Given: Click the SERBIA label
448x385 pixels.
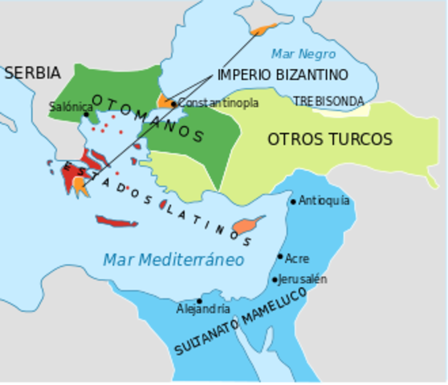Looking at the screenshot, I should pyautogui.click(x=32, y=73).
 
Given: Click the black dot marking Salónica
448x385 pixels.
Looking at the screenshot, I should pyautogui.click(x=86, y=115).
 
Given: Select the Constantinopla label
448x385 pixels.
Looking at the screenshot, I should pyautogui.click(x=218, y=103).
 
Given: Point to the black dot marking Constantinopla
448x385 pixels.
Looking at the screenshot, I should pyautogui.click(x=173, y=103).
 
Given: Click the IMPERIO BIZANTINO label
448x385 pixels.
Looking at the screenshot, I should pyautogui.click(x=282, y=75).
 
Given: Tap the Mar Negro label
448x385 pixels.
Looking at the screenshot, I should pyautogui.click(x=303, y=54).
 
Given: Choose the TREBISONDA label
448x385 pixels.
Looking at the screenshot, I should pyautogui.click(x=328, y=101).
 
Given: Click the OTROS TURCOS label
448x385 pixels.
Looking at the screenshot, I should pyautogui.click(x=330, y=140).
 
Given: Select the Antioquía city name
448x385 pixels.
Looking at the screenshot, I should pyautogui.click(x=324, y=201).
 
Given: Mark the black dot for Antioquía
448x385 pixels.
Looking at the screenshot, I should pyautogui.click(x=293, y=201).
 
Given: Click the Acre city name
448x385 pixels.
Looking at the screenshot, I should pyautogui.click(x=297, y=258).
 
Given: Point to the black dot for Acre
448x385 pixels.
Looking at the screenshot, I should pyautogui.click(x=280, y=257).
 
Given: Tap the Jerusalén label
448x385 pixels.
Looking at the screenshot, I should pyautogui.click(x=303, y=279).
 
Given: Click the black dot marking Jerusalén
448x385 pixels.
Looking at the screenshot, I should pyautogui.click(x=275, y=280).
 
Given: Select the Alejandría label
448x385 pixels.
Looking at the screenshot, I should pyautogui.click(x=203, y=309).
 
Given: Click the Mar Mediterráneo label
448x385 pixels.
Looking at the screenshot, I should pyautogui.click(x=173, y=260).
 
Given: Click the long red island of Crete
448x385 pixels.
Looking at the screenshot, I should pyautogui.click(x=116, y=221).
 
